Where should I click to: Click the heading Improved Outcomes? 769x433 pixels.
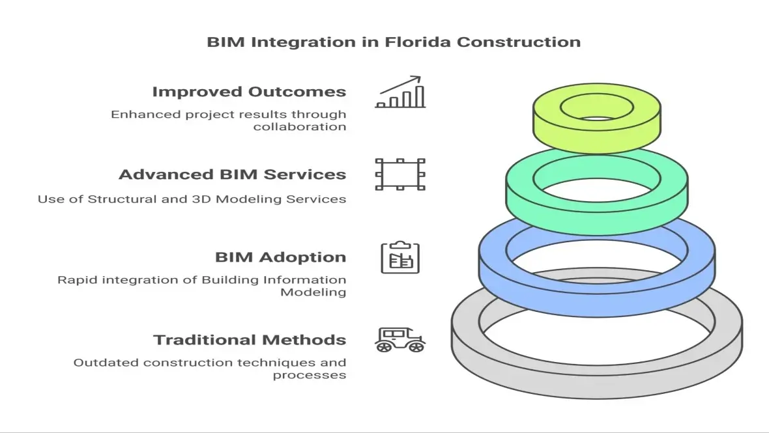click(249, 92)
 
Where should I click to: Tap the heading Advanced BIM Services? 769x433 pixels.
click(232, 175)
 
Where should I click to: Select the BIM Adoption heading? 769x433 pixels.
click(280, 257)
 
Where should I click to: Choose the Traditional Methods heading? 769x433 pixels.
click(249, 340)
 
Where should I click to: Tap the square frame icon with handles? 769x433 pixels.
click(400, 175)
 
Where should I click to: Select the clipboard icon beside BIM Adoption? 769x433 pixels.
click(400, 257)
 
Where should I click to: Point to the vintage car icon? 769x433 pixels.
click(400, 339)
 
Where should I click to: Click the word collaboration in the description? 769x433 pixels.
click(300, 126)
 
